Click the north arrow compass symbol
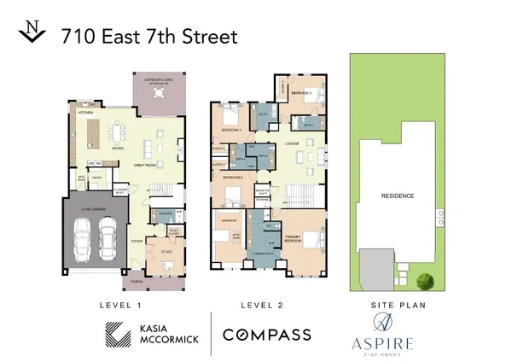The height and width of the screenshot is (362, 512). pyautogui.click(x=32, y=33)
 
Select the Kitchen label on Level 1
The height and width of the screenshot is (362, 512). pyautogui.click(x=86, y=112)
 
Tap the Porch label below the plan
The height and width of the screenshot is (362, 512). pyautogui.click(x=136, y=281)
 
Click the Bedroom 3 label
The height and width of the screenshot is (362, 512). pyautogui.click(x=301, y=92)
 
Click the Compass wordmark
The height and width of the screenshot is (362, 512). pyautogui.click(x=266, y=335)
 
